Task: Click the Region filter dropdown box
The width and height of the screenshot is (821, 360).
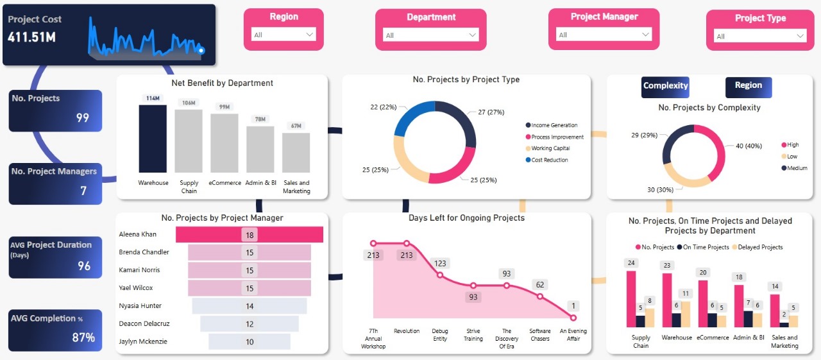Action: click(x=284, y=35)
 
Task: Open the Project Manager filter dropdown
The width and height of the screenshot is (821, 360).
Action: click(x=604, y=35)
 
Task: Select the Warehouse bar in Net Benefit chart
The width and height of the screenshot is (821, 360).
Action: click(x=153, y=139)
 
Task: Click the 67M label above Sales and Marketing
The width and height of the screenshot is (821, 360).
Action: click(x=296, y=126)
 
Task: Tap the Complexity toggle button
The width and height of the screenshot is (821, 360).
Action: click(x=665, y=86)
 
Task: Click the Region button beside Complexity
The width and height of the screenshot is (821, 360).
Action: click(x=748, y=86)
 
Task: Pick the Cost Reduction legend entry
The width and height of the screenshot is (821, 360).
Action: click(x=549, y=160)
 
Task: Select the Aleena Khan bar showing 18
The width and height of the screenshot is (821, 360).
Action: click(x=250, y=235)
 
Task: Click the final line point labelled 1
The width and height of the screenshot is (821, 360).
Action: click(x=573, y=318)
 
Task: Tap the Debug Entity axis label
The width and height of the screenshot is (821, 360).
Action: click(x=440, y=335)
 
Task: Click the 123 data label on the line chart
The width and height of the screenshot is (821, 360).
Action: click(x=440, y=263)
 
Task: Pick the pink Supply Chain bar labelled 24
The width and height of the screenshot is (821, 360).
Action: click(x=631, y=299)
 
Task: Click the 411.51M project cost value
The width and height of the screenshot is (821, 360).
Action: click(x=32, y=37)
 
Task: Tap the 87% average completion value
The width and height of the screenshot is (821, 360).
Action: click(x=83, y=338)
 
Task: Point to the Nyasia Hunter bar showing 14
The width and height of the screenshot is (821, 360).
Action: click(x=250, y=306)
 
